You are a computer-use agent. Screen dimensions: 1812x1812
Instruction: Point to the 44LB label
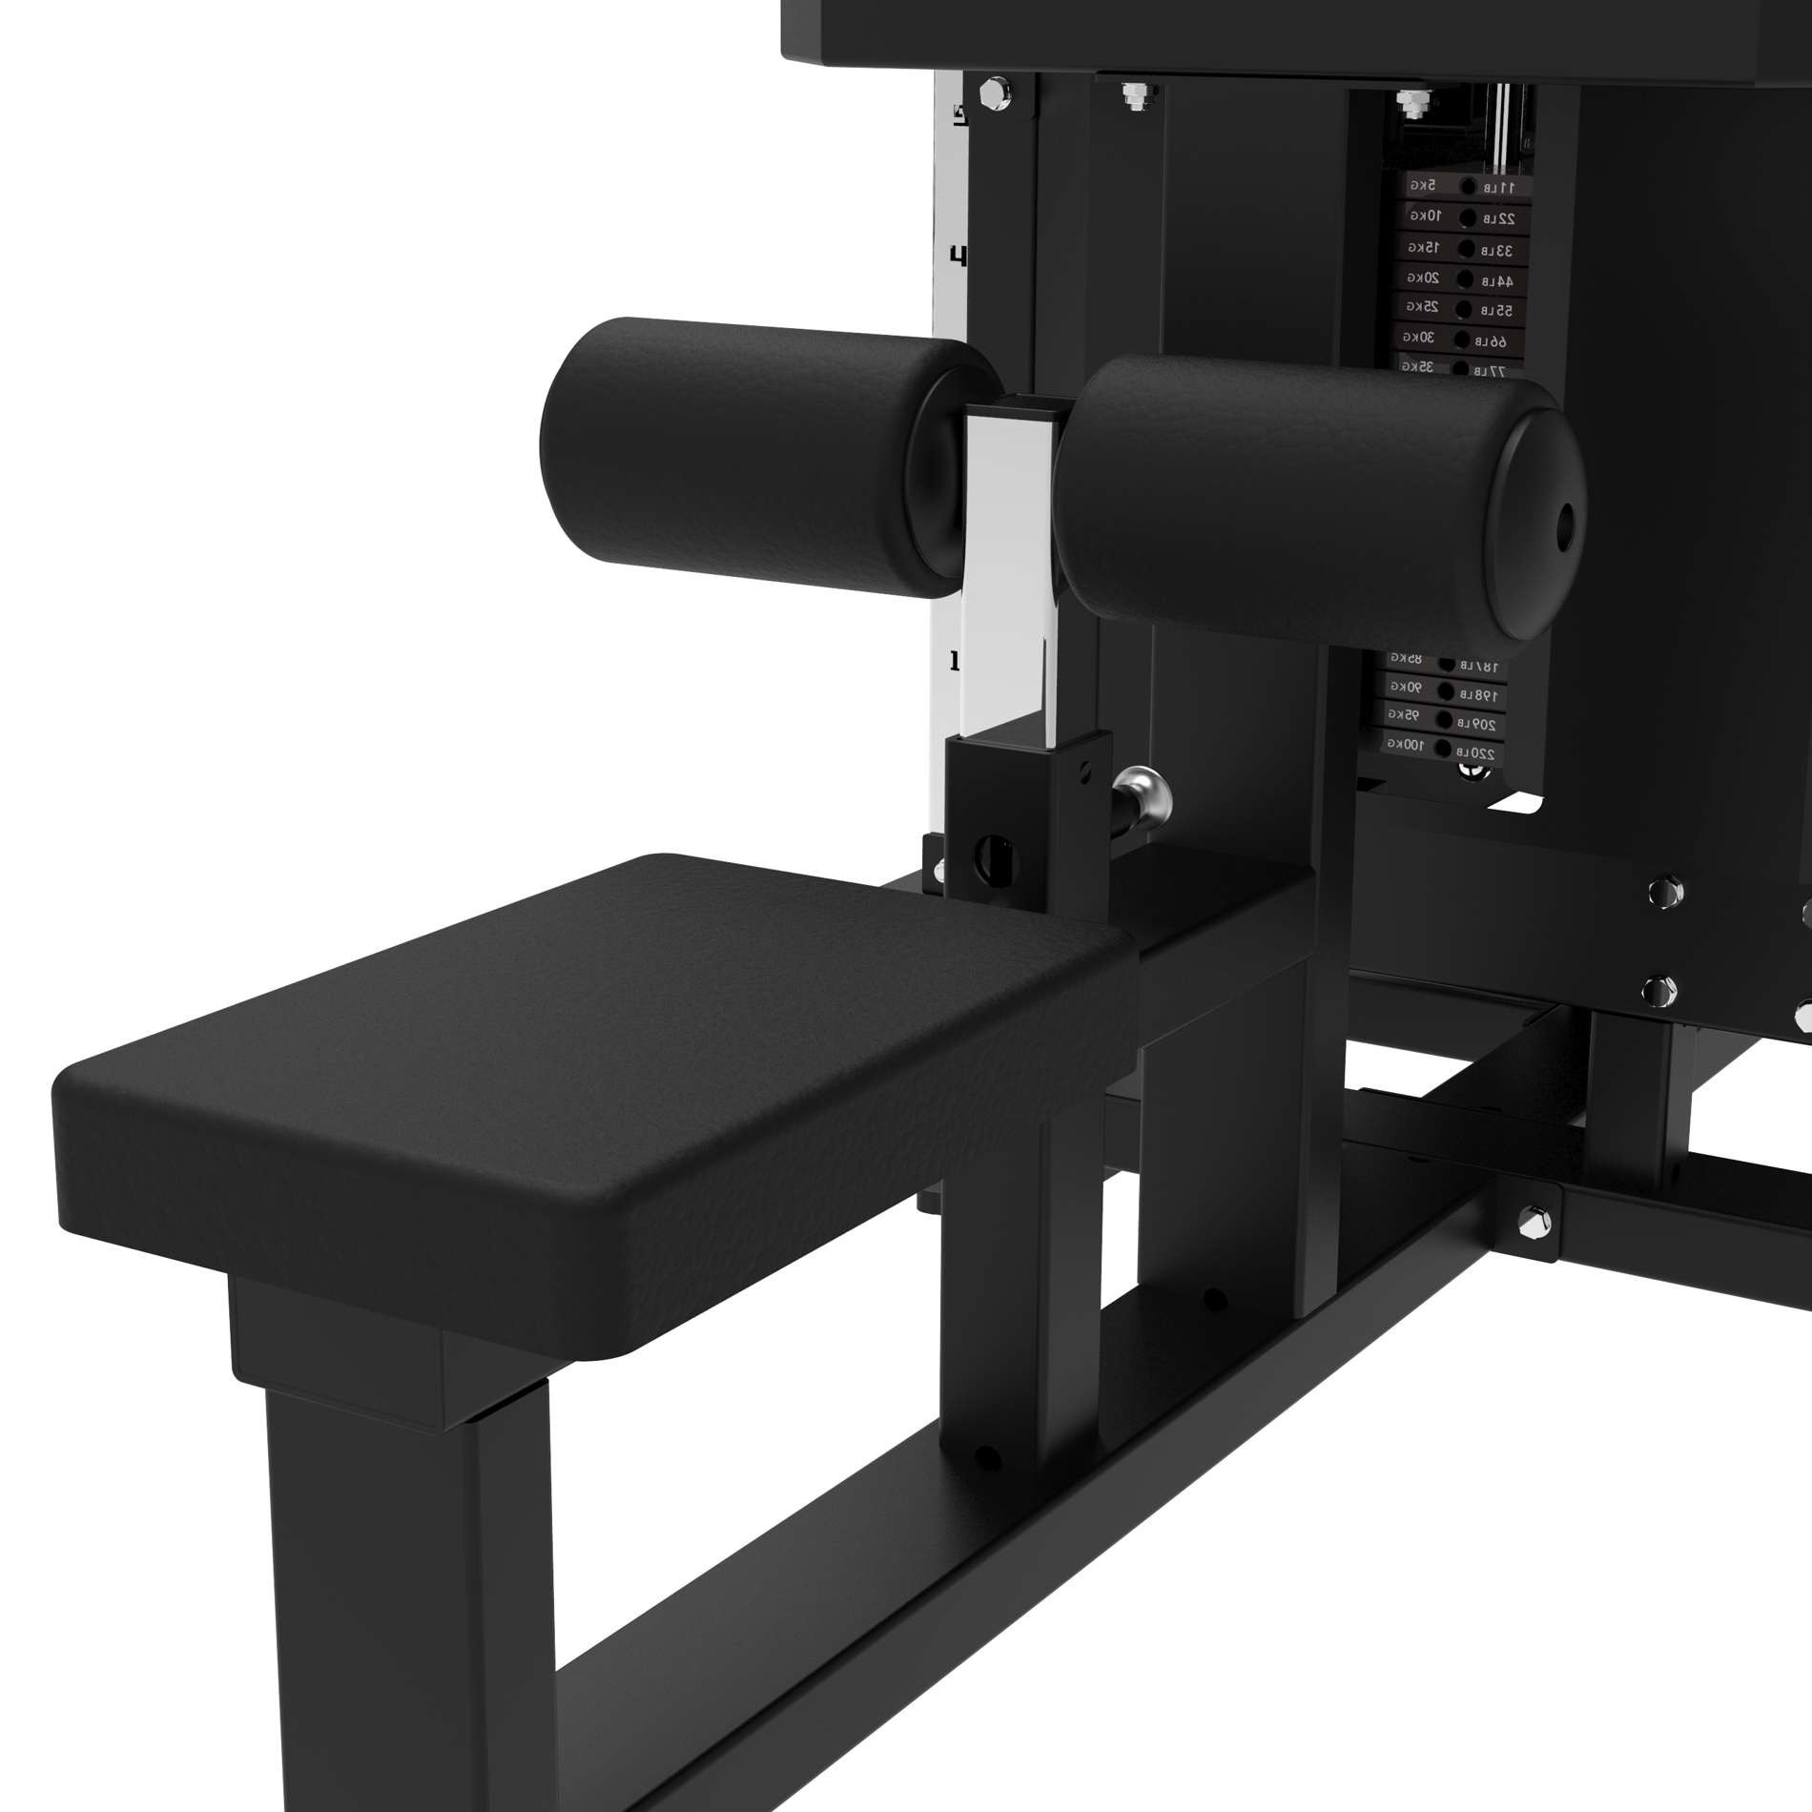[x=1496, y=280]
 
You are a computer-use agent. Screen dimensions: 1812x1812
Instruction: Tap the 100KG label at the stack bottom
[x=1405, y=743]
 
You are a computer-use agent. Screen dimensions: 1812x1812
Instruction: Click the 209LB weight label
[x=1478, y=725]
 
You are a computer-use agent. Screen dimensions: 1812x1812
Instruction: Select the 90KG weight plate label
[x=1406, y=687]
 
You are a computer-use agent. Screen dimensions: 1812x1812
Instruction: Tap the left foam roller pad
[x=744, y=448]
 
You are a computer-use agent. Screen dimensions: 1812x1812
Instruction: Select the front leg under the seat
[x=410, y=1564]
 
